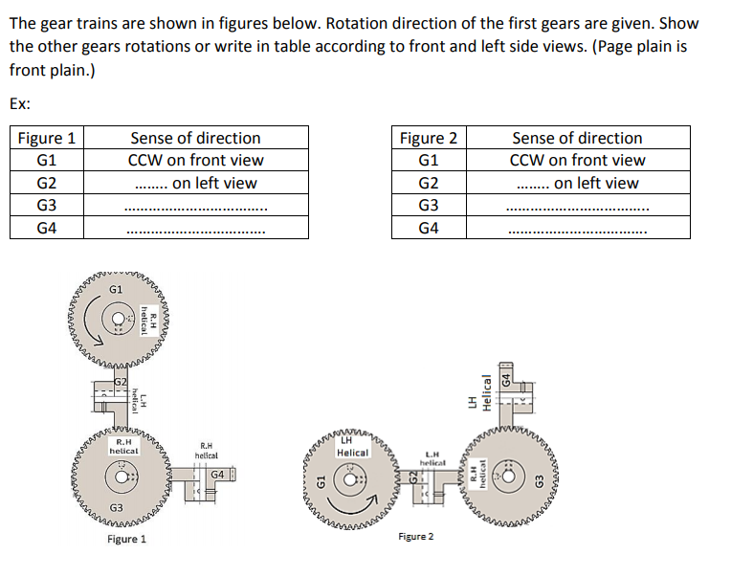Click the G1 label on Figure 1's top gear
pos(116,288)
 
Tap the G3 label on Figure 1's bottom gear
pos(116,506)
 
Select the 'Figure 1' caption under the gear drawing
pos(127,540)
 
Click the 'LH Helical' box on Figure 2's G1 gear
pos(352,446)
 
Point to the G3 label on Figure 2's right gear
pos(539,478)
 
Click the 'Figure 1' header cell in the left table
pos(46,138)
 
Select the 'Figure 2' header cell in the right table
pos(429,138)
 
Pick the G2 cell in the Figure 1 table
pos(46,183)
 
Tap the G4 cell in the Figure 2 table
pos(429,228)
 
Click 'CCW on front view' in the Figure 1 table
pos(195,160)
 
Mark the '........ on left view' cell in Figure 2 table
pos(577,183)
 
